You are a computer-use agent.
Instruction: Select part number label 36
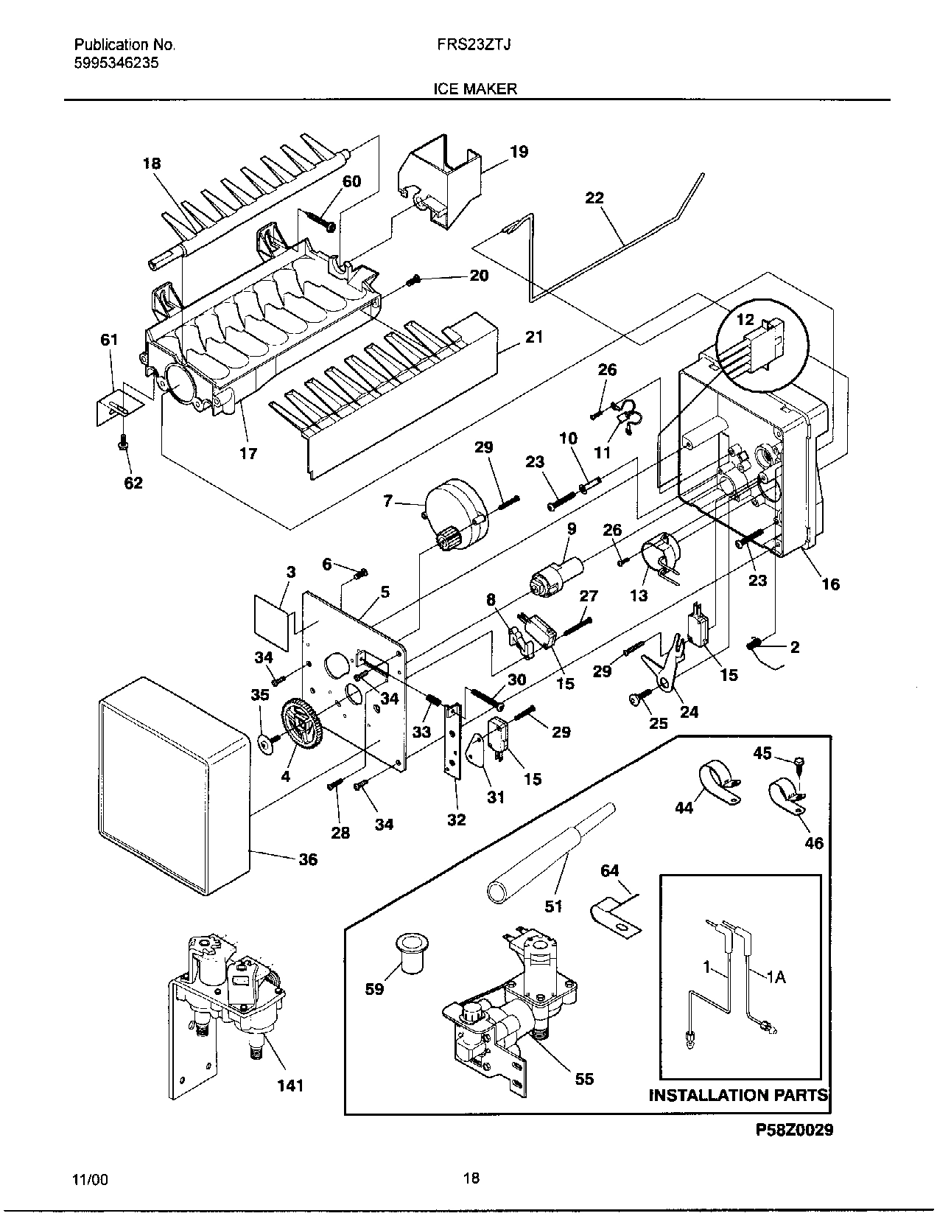coord(308,859)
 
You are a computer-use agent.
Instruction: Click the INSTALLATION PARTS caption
coord(738,1095)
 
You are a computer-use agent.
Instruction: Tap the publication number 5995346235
coord(116,63)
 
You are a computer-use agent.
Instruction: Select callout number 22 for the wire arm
coord(594,198)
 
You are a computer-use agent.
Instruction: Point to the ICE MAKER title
coord(474,89)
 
